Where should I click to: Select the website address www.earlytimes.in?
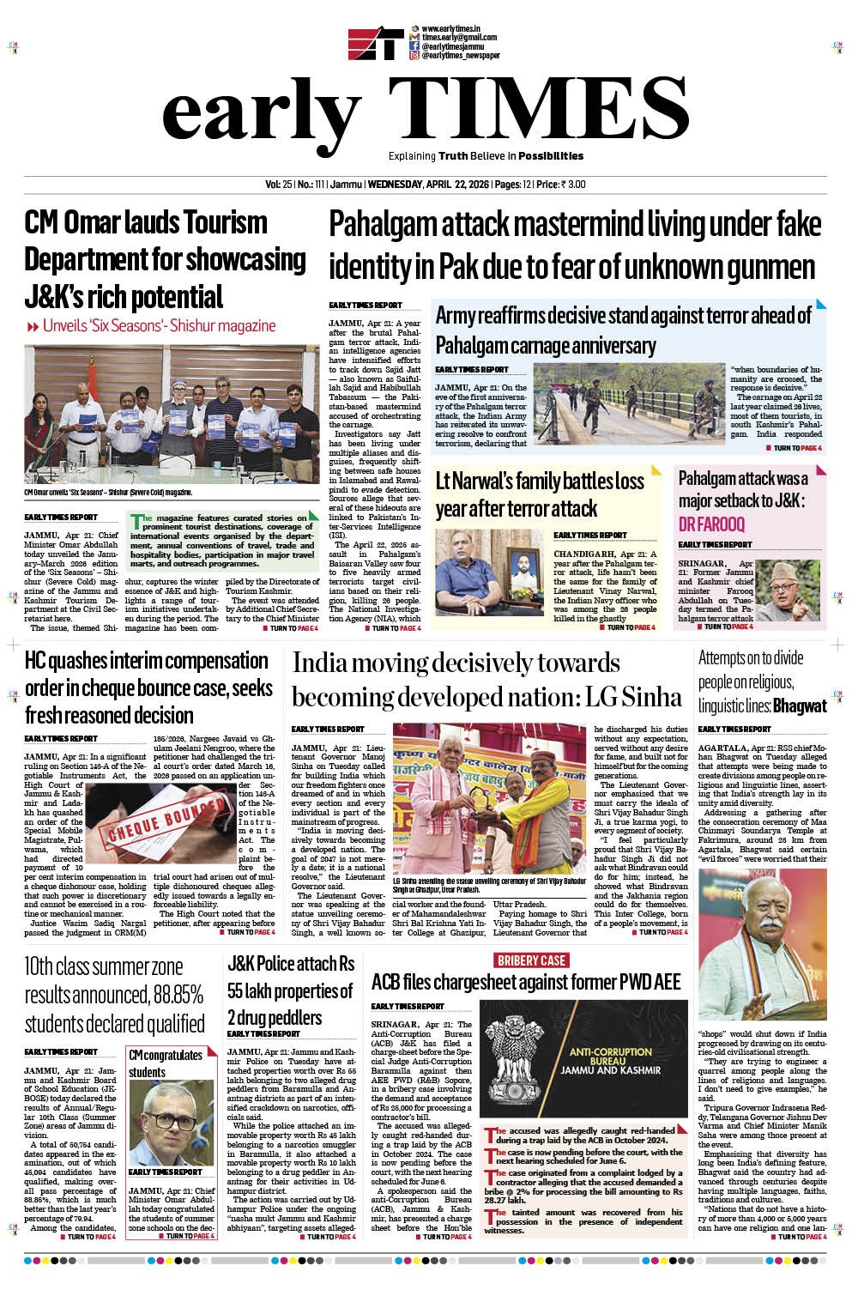(x=450, y=29)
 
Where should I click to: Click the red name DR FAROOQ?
(x=711, y=524)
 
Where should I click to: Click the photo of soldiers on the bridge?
(x=628, y=403)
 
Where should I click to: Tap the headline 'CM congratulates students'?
(x=166, y=1063)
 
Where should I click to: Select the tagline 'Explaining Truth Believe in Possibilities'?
(x=486, y=156)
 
